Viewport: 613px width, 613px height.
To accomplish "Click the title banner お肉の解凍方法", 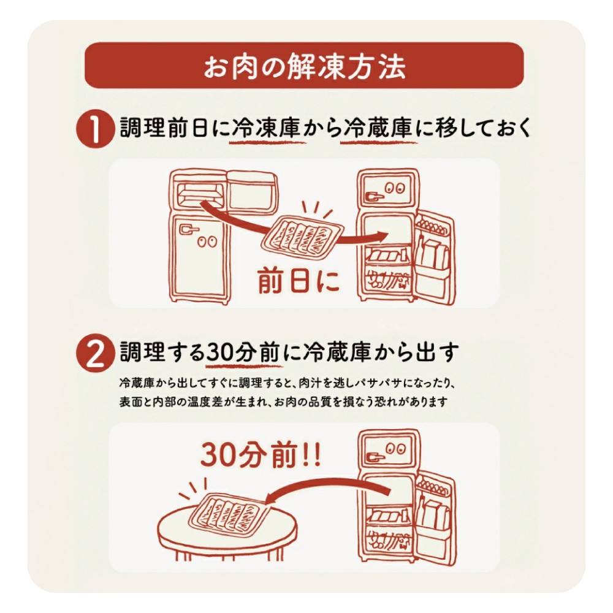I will click(304, 66).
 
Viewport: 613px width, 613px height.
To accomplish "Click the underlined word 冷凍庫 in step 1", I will click(267, 130).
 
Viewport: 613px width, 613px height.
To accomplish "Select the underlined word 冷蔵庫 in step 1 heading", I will click(379, 130).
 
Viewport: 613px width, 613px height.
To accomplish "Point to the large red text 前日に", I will click(298, 281).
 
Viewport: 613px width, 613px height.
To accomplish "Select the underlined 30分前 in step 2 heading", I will click(242, 353).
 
